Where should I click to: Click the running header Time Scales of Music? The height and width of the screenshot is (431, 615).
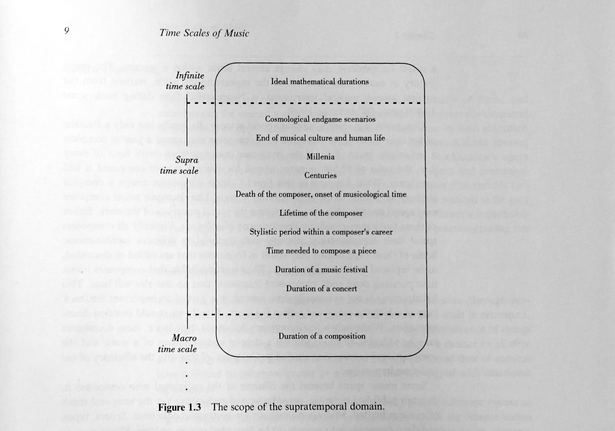click(204, 33)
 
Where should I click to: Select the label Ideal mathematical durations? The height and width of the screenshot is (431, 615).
click(320, 81)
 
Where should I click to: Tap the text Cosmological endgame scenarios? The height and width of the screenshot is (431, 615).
click(320, 119)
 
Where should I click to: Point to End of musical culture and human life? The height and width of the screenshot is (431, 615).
click(320, 138)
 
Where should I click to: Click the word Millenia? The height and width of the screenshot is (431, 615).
click(320, 157)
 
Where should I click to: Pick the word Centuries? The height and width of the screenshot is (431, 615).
click(320, 175)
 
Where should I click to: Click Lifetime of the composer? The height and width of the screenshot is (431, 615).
click(321, 213)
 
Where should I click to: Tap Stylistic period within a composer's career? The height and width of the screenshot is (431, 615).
click(321, 232)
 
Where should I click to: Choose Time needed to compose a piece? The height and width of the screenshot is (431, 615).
click(321, 251)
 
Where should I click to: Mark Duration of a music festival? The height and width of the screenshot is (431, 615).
click(321, 270)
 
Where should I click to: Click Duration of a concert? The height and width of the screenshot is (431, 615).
click(322, 289)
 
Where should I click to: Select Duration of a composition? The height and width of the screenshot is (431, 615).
click(322, 336)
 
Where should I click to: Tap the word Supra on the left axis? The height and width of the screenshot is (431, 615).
click(187, 160)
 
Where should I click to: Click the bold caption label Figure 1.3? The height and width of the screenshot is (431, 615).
click(179, 408)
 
